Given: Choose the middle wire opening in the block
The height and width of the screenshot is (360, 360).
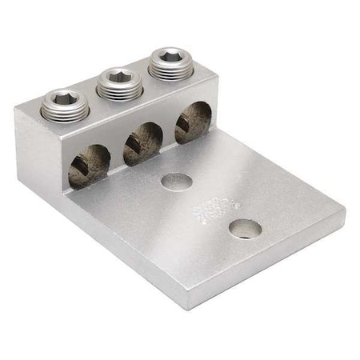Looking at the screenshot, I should (x=142, y=143).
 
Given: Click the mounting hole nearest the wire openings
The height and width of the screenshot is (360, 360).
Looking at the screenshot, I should (x=177, y=182).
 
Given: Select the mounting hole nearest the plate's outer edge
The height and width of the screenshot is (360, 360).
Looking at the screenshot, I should (x=244, y=229).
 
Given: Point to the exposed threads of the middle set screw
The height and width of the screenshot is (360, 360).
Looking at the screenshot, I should (x=118, y=90).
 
